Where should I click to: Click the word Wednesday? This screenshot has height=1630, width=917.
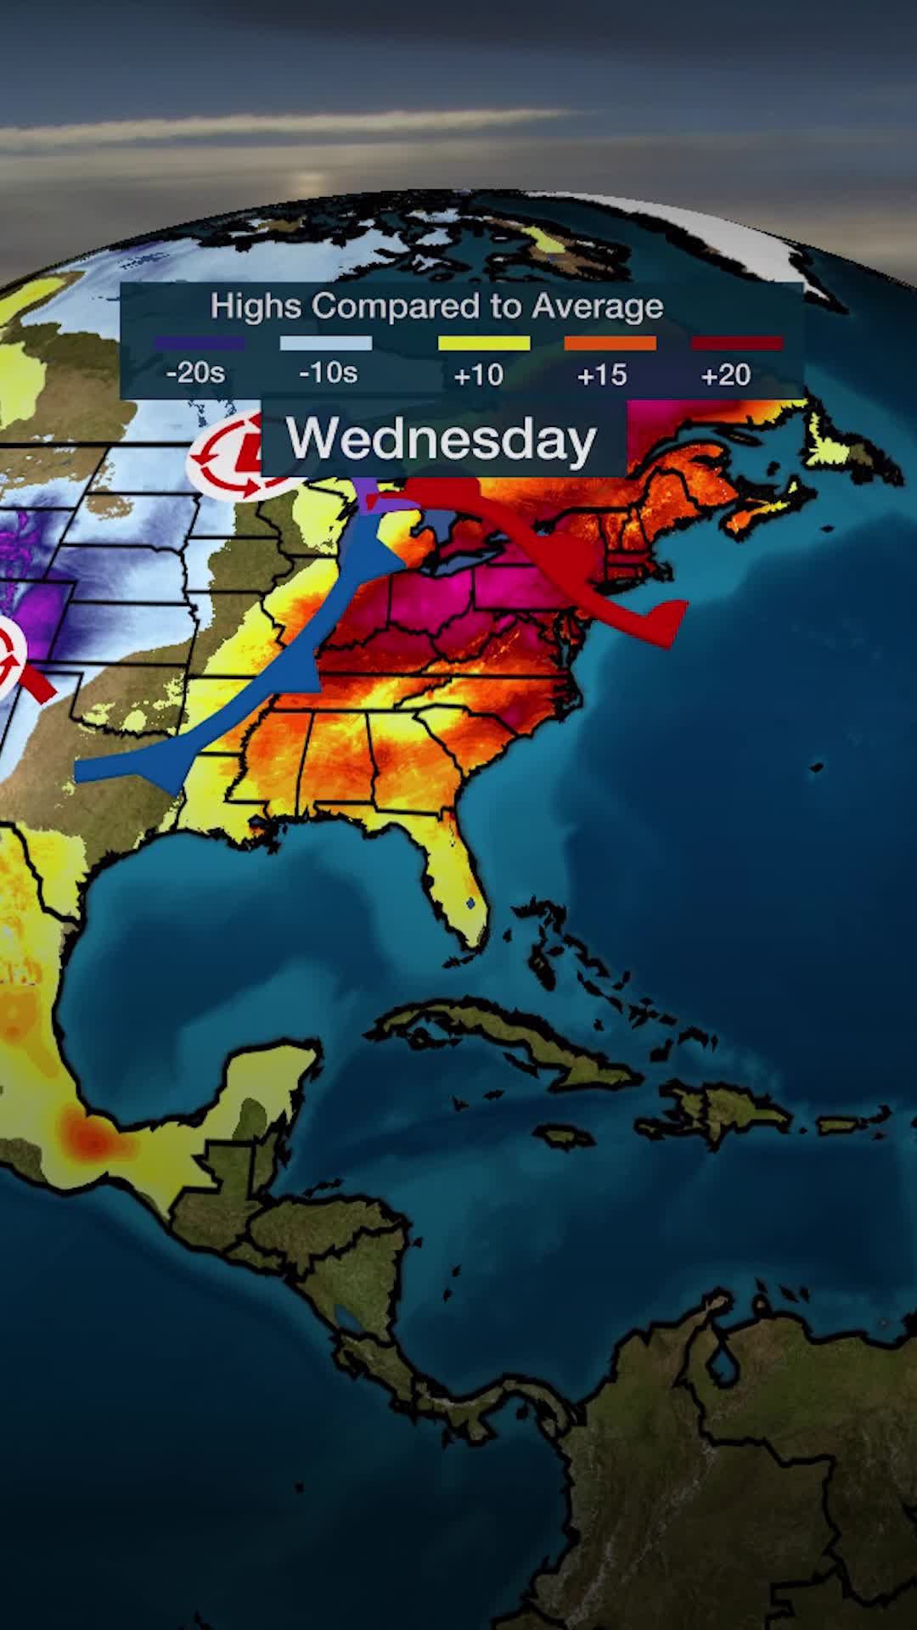click(x=442, y=440)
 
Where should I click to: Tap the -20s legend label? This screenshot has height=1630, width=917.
click(x=195, y=373)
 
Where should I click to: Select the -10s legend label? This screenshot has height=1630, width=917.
click(x=328, y=373)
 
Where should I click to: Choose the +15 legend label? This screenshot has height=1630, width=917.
click(x=602, y=374)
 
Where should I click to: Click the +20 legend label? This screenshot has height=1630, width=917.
click(x=726, y=374)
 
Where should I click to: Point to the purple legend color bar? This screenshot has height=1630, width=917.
click(x=199, y=343)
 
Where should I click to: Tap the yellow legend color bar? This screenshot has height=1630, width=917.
click(x=484, y=343)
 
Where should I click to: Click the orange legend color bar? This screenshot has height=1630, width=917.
click(x=610, y=343)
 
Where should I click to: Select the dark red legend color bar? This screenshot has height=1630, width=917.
click(x=736, y=343)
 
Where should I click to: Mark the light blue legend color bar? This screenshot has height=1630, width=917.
click(x=326, y=343)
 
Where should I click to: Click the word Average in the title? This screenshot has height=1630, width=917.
click(x=597, y=306)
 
